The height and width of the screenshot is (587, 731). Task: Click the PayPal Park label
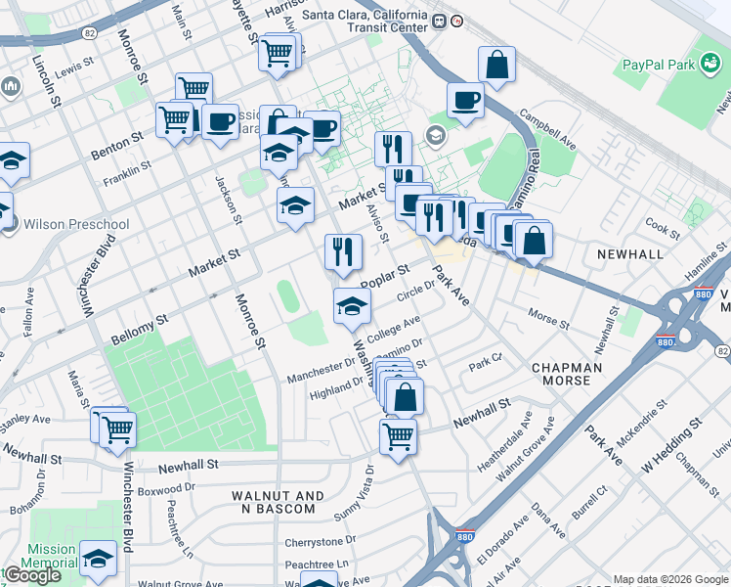pos(665,66)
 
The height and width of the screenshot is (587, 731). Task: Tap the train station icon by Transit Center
pos(441,21)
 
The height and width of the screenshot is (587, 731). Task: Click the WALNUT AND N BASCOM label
pos(274,502)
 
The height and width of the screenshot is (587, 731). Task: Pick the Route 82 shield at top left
pos(89,33)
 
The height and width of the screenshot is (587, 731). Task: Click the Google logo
pos(32,575)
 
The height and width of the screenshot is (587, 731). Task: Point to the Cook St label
pos(662,228)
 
